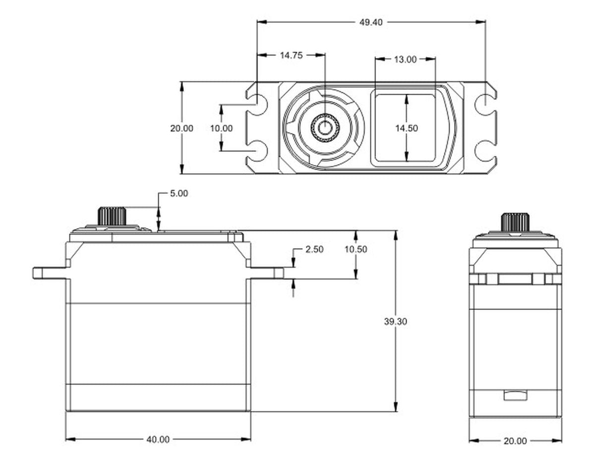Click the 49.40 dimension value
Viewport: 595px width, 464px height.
click(x=370, y=22)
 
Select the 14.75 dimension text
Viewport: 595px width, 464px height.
click(x=291, y=56)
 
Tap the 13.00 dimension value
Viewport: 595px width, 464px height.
click(x=405, y=59)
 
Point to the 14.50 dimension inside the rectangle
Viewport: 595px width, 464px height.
click(x=407, y=128)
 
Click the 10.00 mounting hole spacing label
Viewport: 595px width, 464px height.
click(x=221, y=128)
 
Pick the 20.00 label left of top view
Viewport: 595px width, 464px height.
click(x=181, y=128)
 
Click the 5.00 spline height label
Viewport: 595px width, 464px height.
click(x=179, y=193)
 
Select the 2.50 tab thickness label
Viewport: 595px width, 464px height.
click(x=314, y=249)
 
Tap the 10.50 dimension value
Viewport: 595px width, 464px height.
click(x=356, y=249)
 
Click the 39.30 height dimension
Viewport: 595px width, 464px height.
click(x=395, y=322)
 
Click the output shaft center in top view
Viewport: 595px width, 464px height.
click(x=325, y=127)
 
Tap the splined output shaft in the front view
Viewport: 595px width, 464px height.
click(x=112, y=216)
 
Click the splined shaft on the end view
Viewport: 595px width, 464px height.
click(x=515, y=222)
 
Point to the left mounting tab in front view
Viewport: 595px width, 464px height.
click(x=50, y=273)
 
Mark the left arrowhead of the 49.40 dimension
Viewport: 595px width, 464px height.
click(x=262, y=22)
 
